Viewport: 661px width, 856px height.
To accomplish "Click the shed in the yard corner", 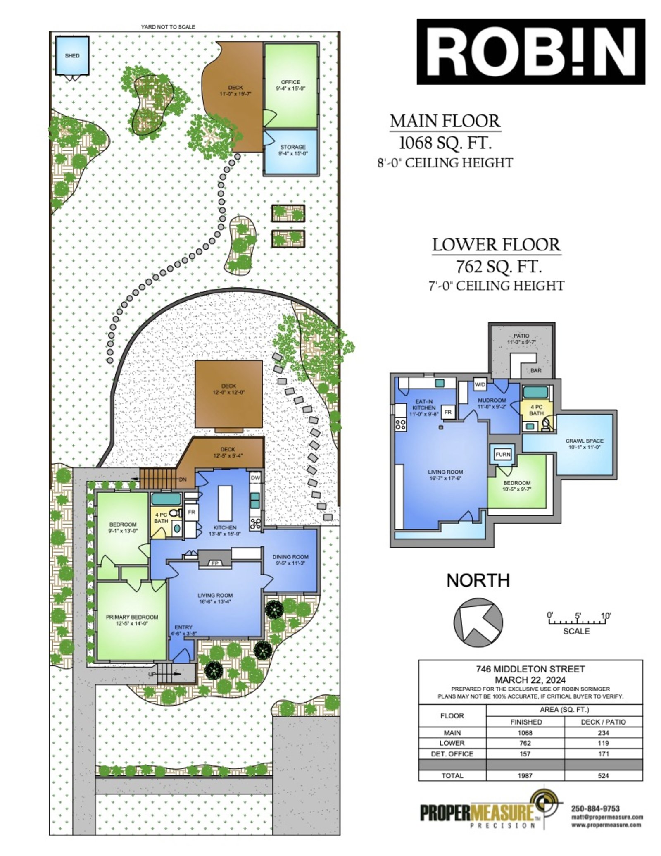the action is point(72,56).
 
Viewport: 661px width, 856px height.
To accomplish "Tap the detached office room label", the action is point(290,85).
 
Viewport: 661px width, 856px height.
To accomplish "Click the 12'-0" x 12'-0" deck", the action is point(228,395).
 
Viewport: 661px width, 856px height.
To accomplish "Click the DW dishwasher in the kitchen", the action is point(255,478).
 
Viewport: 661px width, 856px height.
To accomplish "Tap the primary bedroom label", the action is point(132,620).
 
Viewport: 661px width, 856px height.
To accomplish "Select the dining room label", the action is point(290,559).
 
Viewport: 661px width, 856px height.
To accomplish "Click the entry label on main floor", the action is point(183,630).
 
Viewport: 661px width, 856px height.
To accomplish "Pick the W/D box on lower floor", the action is point(480,384).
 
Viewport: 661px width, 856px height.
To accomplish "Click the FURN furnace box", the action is point(503,455).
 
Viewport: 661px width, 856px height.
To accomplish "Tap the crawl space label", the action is point(585,443).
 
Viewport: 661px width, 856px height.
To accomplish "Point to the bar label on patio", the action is point(536,370).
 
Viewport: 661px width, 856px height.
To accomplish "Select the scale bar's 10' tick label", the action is point(606,615).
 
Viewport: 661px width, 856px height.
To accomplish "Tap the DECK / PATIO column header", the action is point(603,722).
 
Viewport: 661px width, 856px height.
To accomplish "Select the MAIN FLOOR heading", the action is point(445,121).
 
